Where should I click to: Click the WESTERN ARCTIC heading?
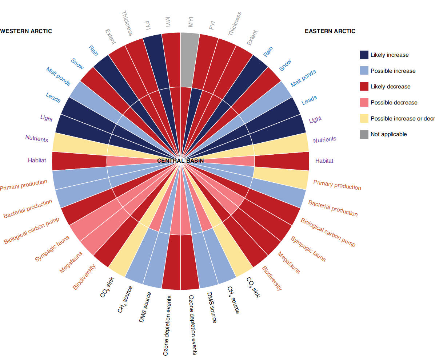pyautogui.click(x=26, y=31)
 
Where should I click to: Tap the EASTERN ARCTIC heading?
pyautogui.click(x=330, y=31)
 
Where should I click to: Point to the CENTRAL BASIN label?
pyautogui.click(x=180, y=161)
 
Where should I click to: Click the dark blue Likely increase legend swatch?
pyautogui.click(x=364, y=55)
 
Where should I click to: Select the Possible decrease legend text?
pyautogui.click(x=394, y=103)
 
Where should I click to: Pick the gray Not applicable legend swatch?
pyautogui.click(x=364, y=134)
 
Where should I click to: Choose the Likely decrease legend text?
pyautogui.click(x=390, y=87)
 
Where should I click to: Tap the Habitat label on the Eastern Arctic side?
pyautogui.click(x=324, y=161)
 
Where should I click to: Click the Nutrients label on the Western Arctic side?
pyautogui.click(x=37, y=139)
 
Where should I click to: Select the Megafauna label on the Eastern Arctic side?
pyautogui.click(x=289, y=262)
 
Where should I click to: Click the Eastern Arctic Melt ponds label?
pyautogui.click(x=303, y=79)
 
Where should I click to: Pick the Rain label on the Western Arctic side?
pyautogui.click(x=93, y=51)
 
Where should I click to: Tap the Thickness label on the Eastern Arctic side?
pyautogui.click(x=235, y=24)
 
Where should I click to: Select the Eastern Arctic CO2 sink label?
pyautogui.click(x=253, y=288)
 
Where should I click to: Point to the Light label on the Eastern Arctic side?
pyautogui.click(x=315, y=119)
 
